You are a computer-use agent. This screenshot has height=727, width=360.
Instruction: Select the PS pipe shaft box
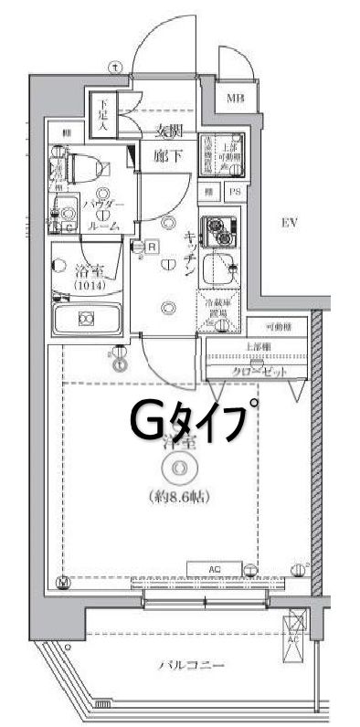[234, 193]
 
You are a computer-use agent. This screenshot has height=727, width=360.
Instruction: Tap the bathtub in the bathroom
[88, 320]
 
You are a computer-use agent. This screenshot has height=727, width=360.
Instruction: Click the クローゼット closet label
[259, 373]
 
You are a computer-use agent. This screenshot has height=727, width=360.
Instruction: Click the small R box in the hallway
[152, 246]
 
